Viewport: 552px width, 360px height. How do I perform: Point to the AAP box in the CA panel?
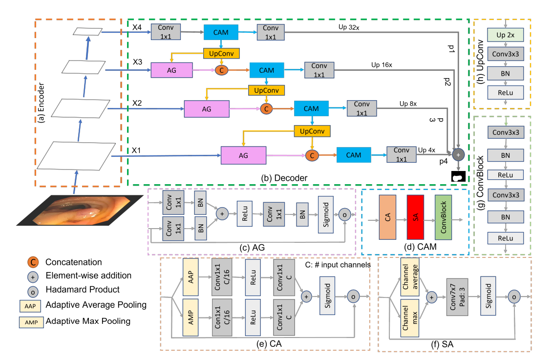[x=190, y=277]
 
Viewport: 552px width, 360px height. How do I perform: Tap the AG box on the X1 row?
[x=243, y=156]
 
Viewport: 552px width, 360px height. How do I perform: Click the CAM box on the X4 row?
[x=220, y=32]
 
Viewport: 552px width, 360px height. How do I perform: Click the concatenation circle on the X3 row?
[x=222, y=70]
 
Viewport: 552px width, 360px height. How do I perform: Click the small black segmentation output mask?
[x=458, y=177]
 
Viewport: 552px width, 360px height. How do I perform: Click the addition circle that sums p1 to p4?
[x=458, y=154]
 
